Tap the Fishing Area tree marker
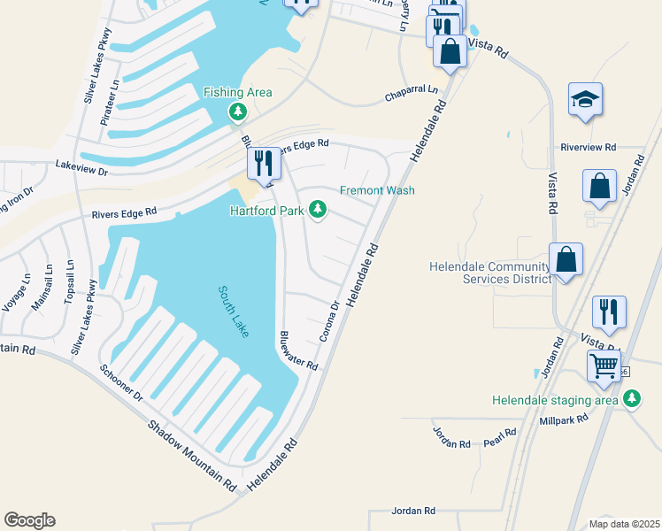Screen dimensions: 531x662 pos(237,112)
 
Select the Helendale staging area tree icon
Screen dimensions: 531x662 pos(631,400)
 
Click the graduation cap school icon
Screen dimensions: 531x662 pos(585,99)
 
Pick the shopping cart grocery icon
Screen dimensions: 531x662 pos(605,365)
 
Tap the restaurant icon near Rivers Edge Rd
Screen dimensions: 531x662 pos(264,164)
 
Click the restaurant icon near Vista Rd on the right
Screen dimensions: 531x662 pos(609,312)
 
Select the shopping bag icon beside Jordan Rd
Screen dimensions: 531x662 pos(599,187)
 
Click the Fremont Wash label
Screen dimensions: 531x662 pos(378,190)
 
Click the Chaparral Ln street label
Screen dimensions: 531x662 pos(411,92)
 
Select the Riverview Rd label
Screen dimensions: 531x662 pos(588,147)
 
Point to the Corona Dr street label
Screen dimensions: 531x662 pos(329,322)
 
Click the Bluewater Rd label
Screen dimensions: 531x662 pos(298,350)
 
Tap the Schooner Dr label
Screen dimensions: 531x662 pos(121,382)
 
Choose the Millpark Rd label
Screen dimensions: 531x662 pos(565,419)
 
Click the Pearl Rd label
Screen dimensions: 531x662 pos(500,437)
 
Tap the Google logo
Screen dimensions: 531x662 pos(29,520)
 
